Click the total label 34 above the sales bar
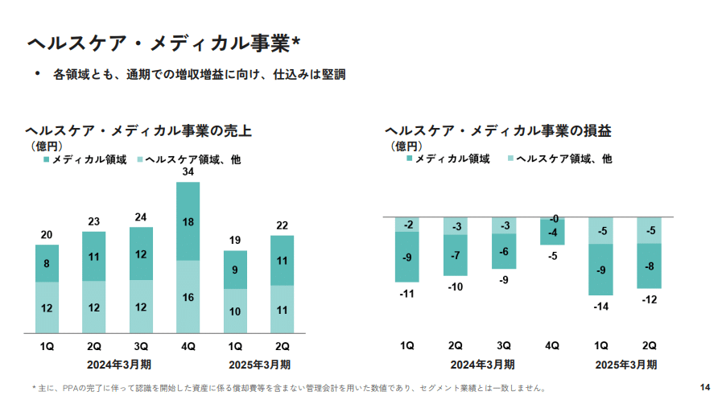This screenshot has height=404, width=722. (x=188, y=172)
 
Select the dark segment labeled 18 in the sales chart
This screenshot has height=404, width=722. (x=188, y=221)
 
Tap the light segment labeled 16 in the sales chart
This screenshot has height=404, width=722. (x=188, y=297)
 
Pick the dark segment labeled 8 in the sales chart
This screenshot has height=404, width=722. (x=47, y=263)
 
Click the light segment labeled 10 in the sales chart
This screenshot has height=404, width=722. (x=235, y=311)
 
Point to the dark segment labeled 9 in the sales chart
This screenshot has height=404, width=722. (x=235, y=270)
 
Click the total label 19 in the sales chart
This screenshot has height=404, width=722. (x=235, y=240)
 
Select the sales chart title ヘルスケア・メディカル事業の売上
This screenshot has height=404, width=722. (x=138, y=130)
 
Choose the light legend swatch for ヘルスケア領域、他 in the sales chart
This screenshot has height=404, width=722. (x=140, y=160)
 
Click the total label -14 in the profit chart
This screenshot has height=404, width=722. (x=600, y=307)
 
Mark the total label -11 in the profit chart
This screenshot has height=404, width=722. (x=407, y=294)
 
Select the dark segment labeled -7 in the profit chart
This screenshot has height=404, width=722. (x=456, y=256)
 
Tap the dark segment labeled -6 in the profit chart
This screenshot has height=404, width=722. (x=504, y=252)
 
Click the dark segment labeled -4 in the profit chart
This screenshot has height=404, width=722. (x=552, y=233)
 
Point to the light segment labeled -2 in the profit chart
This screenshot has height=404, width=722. (x=407, y=225)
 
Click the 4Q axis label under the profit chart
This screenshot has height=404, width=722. (x=552, y=345)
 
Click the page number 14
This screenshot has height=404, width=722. (x=705, y=387)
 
